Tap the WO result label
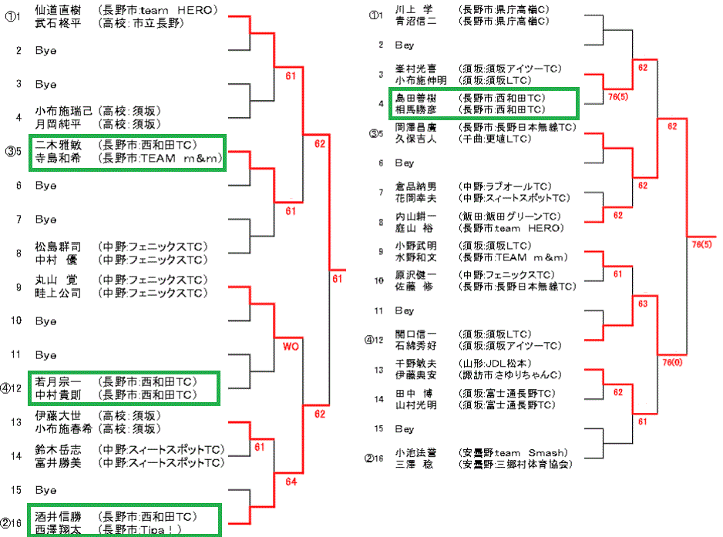290,347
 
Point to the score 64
290,482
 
